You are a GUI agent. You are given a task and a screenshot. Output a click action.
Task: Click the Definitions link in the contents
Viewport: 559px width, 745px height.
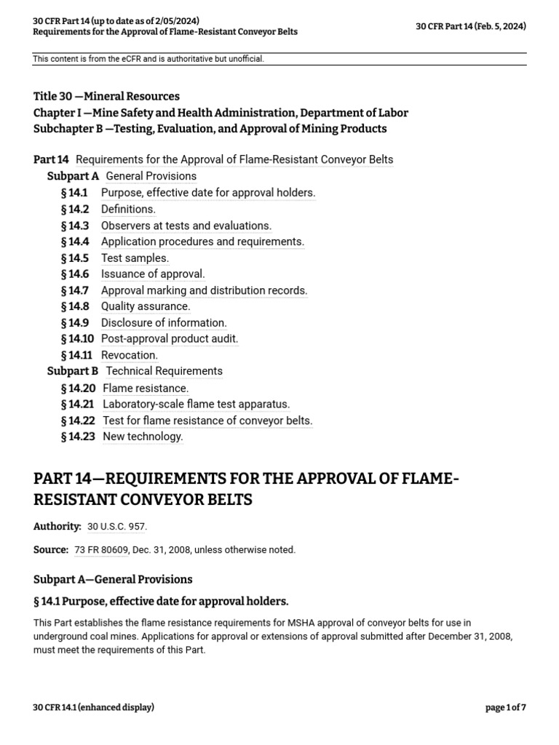coord(128,210)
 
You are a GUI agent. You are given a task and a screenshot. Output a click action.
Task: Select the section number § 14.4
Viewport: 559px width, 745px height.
coord(74,242)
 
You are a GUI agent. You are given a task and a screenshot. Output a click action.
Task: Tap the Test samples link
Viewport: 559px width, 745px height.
coord(135,258)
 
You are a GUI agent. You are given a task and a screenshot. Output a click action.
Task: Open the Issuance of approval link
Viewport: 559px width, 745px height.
coord(153,274)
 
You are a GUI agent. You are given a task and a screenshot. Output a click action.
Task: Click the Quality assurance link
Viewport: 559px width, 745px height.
coord(146,306)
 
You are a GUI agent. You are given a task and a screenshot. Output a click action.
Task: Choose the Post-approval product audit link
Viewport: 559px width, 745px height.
coord(170,339)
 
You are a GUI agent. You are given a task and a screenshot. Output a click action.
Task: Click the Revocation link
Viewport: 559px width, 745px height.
coord(130,355)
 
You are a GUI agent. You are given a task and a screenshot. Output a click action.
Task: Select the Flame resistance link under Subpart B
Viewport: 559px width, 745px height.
coord(146,389)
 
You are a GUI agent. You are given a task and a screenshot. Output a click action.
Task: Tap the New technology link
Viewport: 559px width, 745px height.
coord(143,437)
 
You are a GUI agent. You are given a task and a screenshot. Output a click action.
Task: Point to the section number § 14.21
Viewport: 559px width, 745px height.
coord(78,405)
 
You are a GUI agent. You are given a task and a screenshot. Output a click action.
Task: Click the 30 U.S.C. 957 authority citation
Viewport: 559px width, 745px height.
coord(116,526)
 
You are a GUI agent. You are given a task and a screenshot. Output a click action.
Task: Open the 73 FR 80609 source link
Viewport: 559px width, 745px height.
coord(100,550)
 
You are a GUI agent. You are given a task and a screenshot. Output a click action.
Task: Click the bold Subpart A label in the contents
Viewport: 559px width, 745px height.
coord(73,176)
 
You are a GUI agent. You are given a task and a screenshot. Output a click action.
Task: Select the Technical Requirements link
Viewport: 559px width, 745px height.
coord(164,371)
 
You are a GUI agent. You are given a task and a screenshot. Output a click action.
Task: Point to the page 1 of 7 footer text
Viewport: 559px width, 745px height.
coord(505,707)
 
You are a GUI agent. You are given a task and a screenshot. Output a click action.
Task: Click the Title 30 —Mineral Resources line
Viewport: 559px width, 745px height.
coord(106,96)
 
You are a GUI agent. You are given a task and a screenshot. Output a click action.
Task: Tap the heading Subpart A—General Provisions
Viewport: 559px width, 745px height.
coord(113,579)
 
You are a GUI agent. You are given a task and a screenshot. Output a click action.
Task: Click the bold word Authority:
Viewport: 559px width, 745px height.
coord(57,526)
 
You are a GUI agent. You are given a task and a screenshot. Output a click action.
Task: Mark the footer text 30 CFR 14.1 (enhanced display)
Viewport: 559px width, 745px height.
coord(93,707)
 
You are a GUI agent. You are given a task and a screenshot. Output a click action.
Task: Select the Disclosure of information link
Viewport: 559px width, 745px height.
coord(164,323)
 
